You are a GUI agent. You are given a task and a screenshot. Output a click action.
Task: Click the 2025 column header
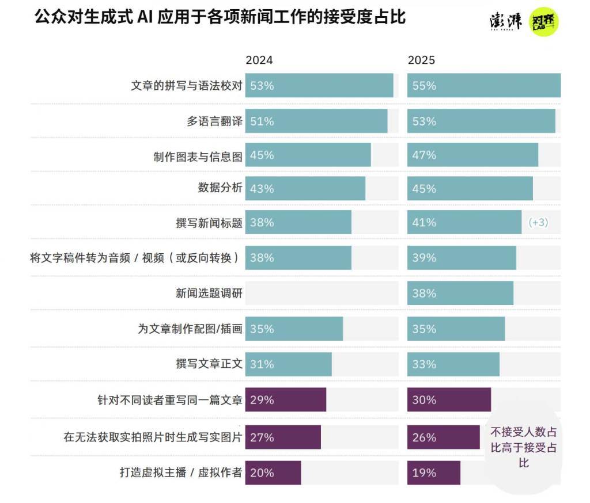(421, 60)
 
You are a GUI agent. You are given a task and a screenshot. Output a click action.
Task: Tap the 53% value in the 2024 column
(262, 86)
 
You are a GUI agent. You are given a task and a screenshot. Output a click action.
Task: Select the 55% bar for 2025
(484, 86)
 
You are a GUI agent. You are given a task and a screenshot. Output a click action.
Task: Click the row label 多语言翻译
(214, 121)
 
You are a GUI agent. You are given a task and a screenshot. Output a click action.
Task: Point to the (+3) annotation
(538, 223)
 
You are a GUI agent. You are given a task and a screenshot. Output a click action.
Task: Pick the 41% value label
(424, 223)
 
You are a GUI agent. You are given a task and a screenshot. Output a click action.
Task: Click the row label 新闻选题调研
(209, 294)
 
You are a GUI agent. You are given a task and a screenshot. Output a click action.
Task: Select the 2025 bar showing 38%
(460, 294)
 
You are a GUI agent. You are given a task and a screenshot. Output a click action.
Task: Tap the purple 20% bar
(273, 473)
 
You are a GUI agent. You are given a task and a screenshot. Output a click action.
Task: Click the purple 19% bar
(433, 473)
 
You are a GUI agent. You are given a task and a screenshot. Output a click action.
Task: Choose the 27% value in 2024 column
(262, 437)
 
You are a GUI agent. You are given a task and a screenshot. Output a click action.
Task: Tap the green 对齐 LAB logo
(544, 22)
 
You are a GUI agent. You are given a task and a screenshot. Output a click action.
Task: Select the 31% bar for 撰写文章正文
(288, 364)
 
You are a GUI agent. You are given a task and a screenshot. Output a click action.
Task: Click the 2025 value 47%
(424, 155)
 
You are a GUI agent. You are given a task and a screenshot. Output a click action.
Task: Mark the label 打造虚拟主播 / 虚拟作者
(180, 473)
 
